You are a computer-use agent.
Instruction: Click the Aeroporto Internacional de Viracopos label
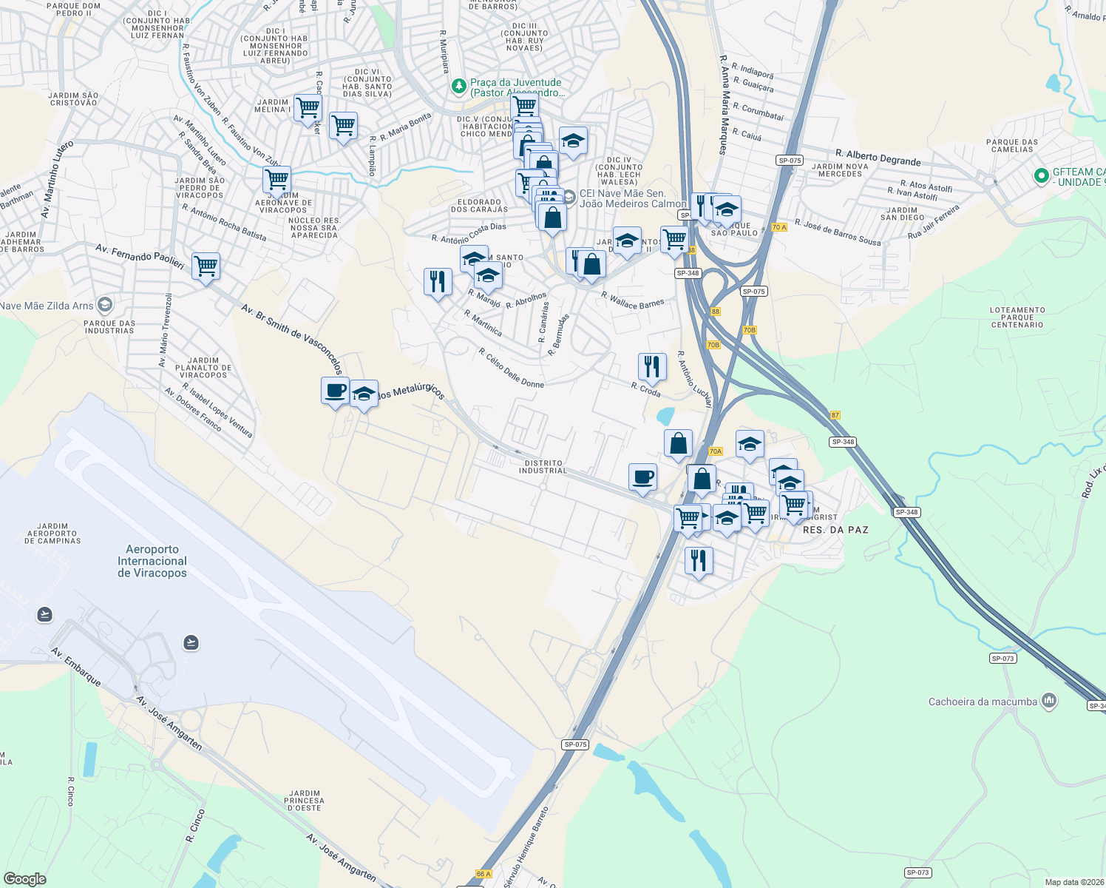click(152, 561)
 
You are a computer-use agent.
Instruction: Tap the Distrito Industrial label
click(543, 467)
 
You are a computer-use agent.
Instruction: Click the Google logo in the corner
click(24, 878)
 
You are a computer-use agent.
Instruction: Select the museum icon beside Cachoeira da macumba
click(1048, 701)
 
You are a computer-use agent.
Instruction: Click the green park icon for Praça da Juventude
click(459, 87)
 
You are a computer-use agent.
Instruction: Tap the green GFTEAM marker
click(1042, 176)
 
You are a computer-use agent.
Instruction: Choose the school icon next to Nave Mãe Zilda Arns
click(105, 305)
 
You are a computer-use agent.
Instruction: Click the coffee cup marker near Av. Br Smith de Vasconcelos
click(335, 390)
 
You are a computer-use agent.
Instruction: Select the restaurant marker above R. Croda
click(652, 366)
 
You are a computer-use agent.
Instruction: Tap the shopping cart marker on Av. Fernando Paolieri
click(206, 265)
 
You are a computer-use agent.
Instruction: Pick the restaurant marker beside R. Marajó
click(438, 281)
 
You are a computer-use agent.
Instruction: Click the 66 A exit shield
click(483, 874)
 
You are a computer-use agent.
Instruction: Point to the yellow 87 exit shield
click(835, 415)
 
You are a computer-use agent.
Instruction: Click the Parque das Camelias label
click(1012, 145)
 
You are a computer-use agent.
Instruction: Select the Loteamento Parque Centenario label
click(1017, 317)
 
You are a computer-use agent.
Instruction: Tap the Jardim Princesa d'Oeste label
click(304, 800)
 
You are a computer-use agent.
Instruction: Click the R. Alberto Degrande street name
click(878, 158)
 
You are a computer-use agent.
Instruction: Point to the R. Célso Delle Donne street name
click(511, 368)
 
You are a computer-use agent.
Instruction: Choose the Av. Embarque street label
click(76, 666)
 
